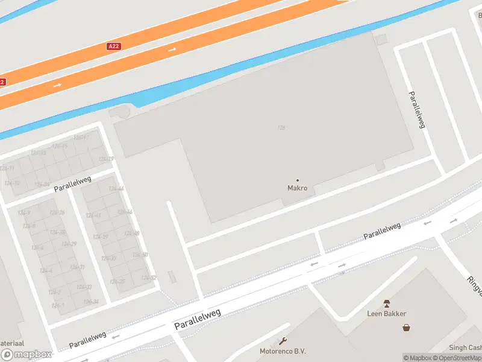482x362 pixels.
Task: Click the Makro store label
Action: pos(297,188)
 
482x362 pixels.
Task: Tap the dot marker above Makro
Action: pos(297,180)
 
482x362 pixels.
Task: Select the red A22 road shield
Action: pos(113,46)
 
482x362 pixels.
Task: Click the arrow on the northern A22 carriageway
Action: pos(172,49)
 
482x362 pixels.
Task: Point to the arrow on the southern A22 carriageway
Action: pos(57,85)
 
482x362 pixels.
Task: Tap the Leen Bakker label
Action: pos(387,314)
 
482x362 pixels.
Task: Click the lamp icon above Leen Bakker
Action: pos(387,303)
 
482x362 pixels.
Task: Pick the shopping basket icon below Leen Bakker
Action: pos(407,328)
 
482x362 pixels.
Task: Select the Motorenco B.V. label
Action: pos(282,351)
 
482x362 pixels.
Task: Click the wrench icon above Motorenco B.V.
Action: pos(282,341)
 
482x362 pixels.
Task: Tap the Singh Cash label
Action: pos(465,348)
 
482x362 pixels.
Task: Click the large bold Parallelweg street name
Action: pos(198,319)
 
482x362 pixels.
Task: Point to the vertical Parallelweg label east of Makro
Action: pos(417,109)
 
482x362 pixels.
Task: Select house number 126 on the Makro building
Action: pos(281,127)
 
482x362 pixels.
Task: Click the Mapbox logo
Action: pos(26,355)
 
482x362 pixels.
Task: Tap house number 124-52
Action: pos(148,278)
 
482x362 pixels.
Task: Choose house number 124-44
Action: pos(116,189)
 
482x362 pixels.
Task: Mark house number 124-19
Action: pos(106,159)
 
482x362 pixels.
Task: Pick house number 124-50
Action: pos(140,255)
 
